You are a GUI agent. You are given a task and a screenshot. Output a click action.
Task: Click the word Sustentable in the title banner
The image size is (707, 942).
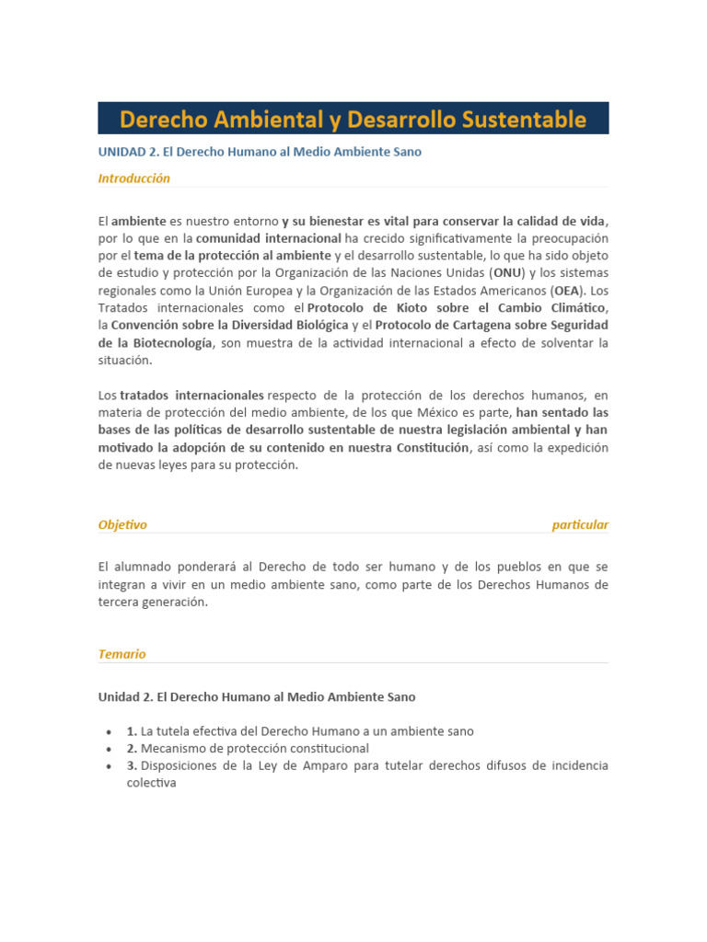(x=526, y=120)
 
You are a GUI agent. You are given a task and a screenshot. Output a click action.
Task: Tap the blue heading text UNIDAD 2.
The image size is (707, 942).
(x=128, y=152)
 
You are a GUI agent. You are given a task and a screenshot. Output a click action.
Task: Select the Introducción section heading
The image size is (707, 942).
(x=134, y=178)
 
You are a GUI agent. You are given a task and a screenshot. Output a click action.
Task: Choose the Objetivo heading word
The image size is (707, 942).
(x=122, y=525)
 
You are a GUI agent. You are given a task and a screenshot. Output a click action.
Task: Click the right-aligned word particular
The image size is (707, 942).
(x=580, y=525)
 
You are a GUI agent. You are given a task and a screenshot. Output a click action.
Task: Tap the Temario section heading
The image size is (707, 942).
(x=122, y=654)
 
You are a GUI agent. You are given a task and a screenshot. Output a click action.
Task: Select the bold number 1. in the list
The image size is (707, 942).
(x=133, y=731)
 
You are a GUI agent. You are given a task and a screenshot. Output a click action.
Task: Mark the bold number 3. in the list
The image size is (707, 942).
(x=133, y=766)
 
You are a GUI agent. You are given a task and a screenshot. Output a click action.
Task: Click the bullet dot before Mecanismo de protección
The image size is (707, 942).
(x=109, y=749)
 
